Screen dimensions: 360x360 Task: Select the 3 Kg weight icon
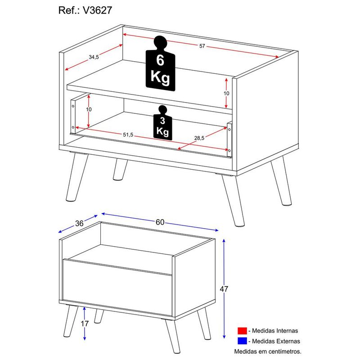point(162,123)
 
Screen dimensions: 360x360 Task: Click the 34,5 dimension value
point(94,57)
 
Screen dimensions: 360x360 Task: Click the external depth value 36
point(79,224)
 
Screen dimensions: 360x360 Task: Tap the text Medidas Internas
point(275,331)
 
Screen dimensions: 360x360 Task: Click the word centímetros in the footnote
point(283,351)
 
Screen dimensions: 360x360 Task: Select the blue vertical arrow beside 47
point(224,288)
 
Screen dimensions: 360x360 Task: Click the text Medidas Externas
point(276,342)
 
